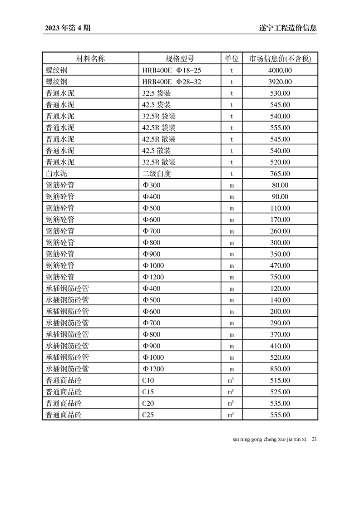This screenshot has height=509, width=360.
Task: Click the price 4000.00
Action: click(x=280, y=70)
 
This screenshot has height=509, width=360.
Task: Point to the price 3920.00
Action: click(x=280, y=82)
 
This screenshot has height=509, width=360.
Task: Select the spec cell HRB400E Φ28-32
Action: click(x=171, y=82)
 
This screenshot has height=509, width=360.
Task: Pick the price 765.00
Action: click(x=280, y=174)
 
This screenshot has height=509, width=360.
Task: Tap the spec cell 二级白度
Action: click(x=156, y=174)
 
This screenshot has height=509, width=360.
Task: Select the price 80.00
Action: click(x=280, y=185)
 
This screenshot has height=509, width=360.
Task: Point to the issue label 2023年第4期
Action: click(x=68, y=28)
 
